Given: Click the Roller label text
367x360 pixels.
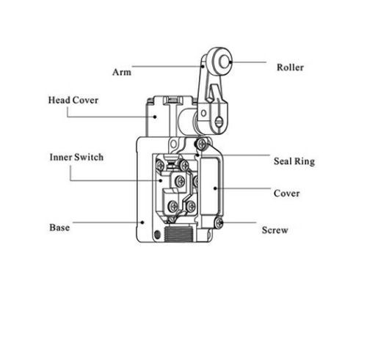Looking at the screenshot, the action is click(x=290, y=67).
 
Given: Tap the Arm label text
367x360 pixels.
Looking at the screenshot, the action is click(x=122, y=72).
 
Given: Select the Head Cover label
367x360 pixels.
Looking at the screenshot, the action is click(x=73, y=100).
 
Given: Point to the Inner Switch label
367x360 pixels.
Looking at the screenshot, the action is click(x=76, y=157).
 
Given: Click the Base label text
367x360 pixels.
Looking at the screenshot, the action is click(x=59, y=227).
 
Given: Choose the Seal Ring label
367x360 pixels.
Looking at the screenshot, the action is click(x=294, y=161).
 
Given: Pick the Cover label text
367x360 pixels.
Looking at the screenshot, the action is click(x=286, y=194).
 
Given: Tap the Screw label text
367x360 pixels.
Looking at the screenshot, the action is click(x=275, y=230).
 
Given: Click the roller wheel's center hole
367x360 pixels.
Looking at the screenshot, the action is click(x=224, y=62).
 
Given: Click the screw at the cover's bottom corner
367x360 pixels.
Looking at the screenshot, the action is click(x=219, y=223).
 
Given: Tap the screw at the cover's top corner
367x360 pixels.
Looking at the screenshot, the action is click(x=202, y=144).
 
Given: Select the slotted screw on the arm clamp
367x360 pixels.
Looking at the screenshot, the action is click(x=219, y=122).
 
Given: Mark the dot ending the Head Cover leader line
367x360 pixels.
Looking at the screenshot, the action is click(x=155, y=117).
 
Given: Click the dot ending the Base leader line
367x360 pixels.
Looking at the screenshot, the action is click(x=142, y=222).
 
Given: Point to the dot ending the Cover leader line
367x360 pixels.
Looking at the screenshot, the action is click(x=215, y=188).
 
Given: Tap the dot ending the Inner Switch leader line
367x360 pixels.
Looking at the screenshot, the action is click(x=161, y=180).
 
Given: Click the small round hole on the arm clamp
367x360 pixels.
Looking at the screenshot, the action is click(x=203, y=114).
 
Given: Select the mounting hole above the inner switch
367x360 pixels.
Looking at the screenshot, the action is click(x=173, y=144).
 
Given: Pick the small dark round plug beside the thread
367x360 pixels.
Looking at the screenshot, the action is click(x=158, y=235).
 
